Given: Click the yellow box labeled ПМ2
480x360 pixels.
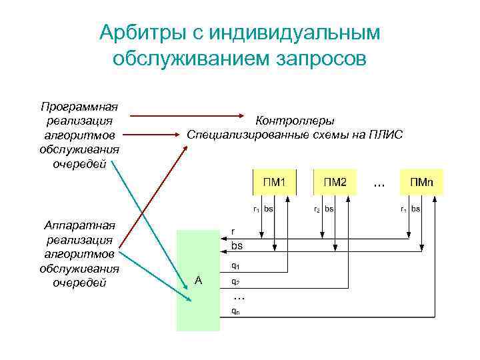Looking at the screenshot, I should pyautogui.click(x=335, y=182).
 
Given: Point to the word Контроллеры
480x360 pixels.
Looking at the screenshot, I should pyautogui.click(x=295, y=121).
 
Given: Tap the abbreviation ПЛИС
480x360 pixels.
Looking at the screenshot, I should pyautogui.click(x=387, y=135).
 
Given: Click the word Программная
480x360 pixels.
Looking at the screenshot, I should pyautogui.click(x=79, y=106).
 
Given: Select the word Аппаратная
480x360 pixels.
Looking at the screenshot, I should pyautogui.click(x=79, y=225).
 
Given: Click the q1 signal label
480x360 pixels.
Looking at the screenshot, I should pyautogui.click(x=235, y=265).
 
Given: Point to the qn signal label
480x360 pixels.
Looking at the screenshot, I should pyautogui.click(x=235, y=310).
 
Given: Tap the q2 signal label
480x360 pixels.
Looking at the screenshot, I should pyautogui.click(x=235, y=281).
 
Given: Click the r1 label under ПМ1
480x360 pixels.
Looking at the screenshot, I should pyautogui.click(x=257, y=209).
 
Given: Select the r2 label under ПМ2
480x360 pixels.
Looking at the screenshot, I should pyautogui.click(x=317, y=209).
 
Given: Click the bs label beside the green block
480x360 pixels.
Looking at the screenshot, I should pyautogui.click(x=237, y=246).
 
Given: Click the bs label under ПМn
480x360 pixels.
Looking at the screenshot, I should pyautogui.click(x=415, y=209).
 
